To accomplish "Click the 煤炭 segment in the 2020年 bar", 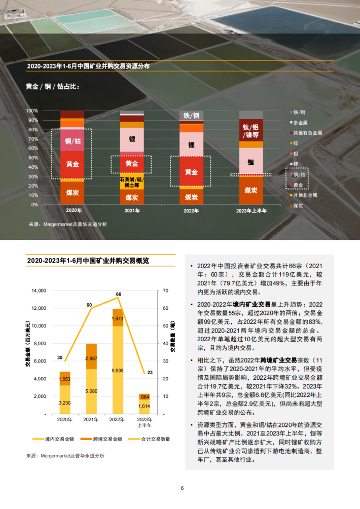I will coord(72,193).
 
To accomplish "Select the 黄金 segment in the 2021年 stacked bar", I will coord(132,164).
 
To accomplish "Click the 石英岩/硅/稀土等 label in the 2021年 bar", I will coord(132,182).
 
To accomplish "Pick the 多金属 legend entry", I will coord(302,122).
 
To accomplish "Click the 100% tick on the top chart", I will coord(32,111).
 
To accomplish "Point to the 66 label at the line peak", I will coord(119,294).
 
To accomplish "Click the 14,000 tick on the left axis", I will coord(39,290).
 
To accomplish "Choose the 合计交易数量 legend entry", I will coord(150,439).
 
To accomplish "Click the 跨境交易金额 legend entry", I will coord(100,439).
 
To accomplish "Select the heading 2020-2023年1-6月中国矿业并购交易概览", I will coord(88,261).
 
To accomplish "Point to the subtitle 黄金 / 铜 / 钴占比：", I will coord(53,86).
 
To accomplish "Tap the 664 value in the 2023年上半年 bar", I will coord(145,397).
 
